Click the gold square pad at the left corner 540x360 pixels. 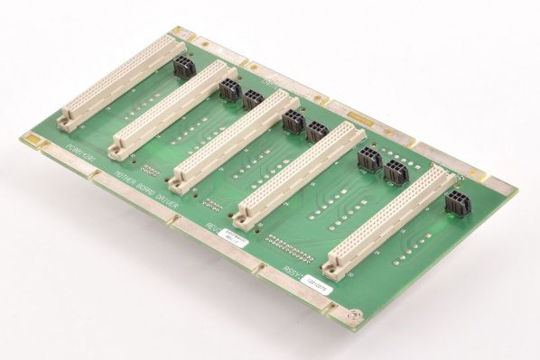click(x=35, y=138)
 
